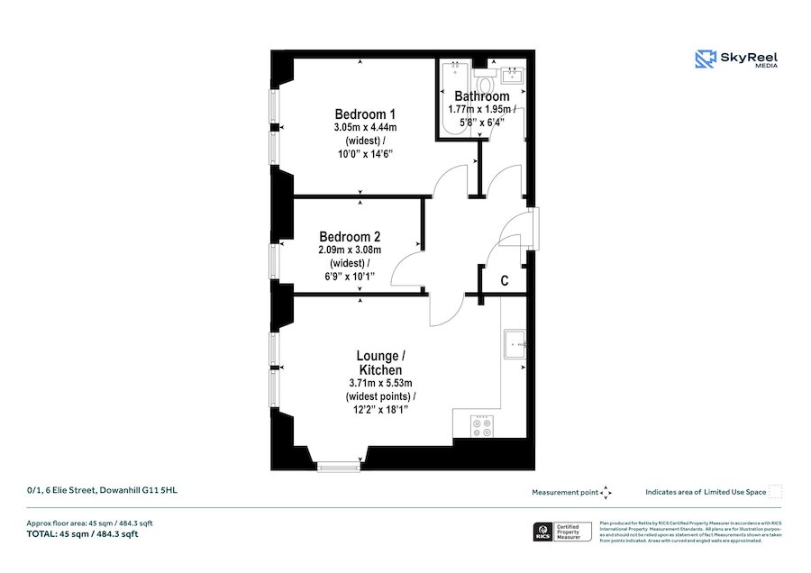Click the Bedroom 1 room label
[365, 114]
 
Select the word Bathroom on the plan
[481, 96]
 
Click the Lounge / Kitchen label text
[380, 362]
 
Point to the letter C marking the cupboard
[504, 281]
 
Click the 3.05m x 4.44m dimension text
[365, 128]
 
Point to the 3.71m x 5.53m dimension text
[380, 384]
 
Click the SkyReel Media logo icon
[704, 59]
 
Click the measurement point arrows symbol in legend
[606, 493]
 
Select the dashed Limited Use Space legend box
[775, 492]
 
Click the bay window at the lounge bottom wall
[337, 466]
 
